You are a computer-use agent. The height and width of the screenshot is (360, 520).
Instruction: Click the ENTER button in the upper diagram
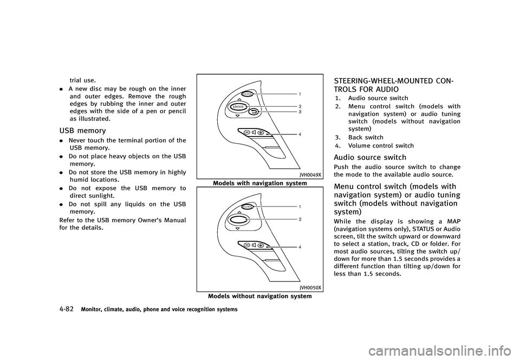238,107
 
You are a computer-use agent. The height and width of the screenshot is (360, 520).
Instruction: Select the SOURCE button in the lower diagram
248,207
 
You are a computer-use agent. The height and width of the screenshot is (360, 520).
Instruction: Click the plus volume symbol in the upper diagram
261,133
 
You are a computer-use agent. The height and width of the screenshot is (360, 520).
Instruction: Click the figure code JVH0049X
310,175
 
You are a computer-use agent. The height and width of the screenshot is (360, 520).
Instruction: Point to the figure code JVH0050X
310,287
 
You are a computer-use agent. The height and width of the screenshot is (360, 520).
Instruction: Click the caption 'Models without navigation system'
259,296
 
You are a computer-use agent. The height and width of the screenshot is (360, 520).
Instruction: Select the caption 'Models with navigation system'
259,183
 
